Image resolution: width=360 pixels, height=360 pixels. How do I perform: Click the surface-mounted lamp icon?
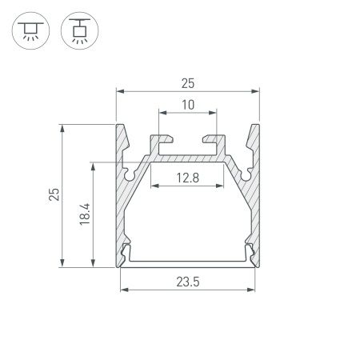[30, 29]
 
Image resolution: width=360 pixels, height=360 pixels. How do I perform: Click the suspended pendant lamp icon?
[77, 29]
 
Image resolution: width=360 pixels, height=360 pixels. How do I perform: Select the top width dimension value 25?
[189, 82]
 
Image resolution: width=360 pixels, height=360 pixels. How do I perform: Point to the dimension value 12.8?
[189, 177]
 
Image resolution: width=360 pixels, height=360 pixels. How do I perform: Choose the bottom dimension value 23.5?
[189, 279]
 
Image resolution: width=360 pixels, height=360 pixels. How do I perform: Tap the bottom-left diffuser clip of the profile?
[126, 255]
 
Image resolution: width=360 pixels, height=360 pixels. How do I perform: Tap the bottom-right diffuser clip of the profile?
[252, 255]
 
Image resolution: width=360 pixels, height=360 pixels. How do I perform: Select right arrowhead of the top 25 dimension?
[258, 90]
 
